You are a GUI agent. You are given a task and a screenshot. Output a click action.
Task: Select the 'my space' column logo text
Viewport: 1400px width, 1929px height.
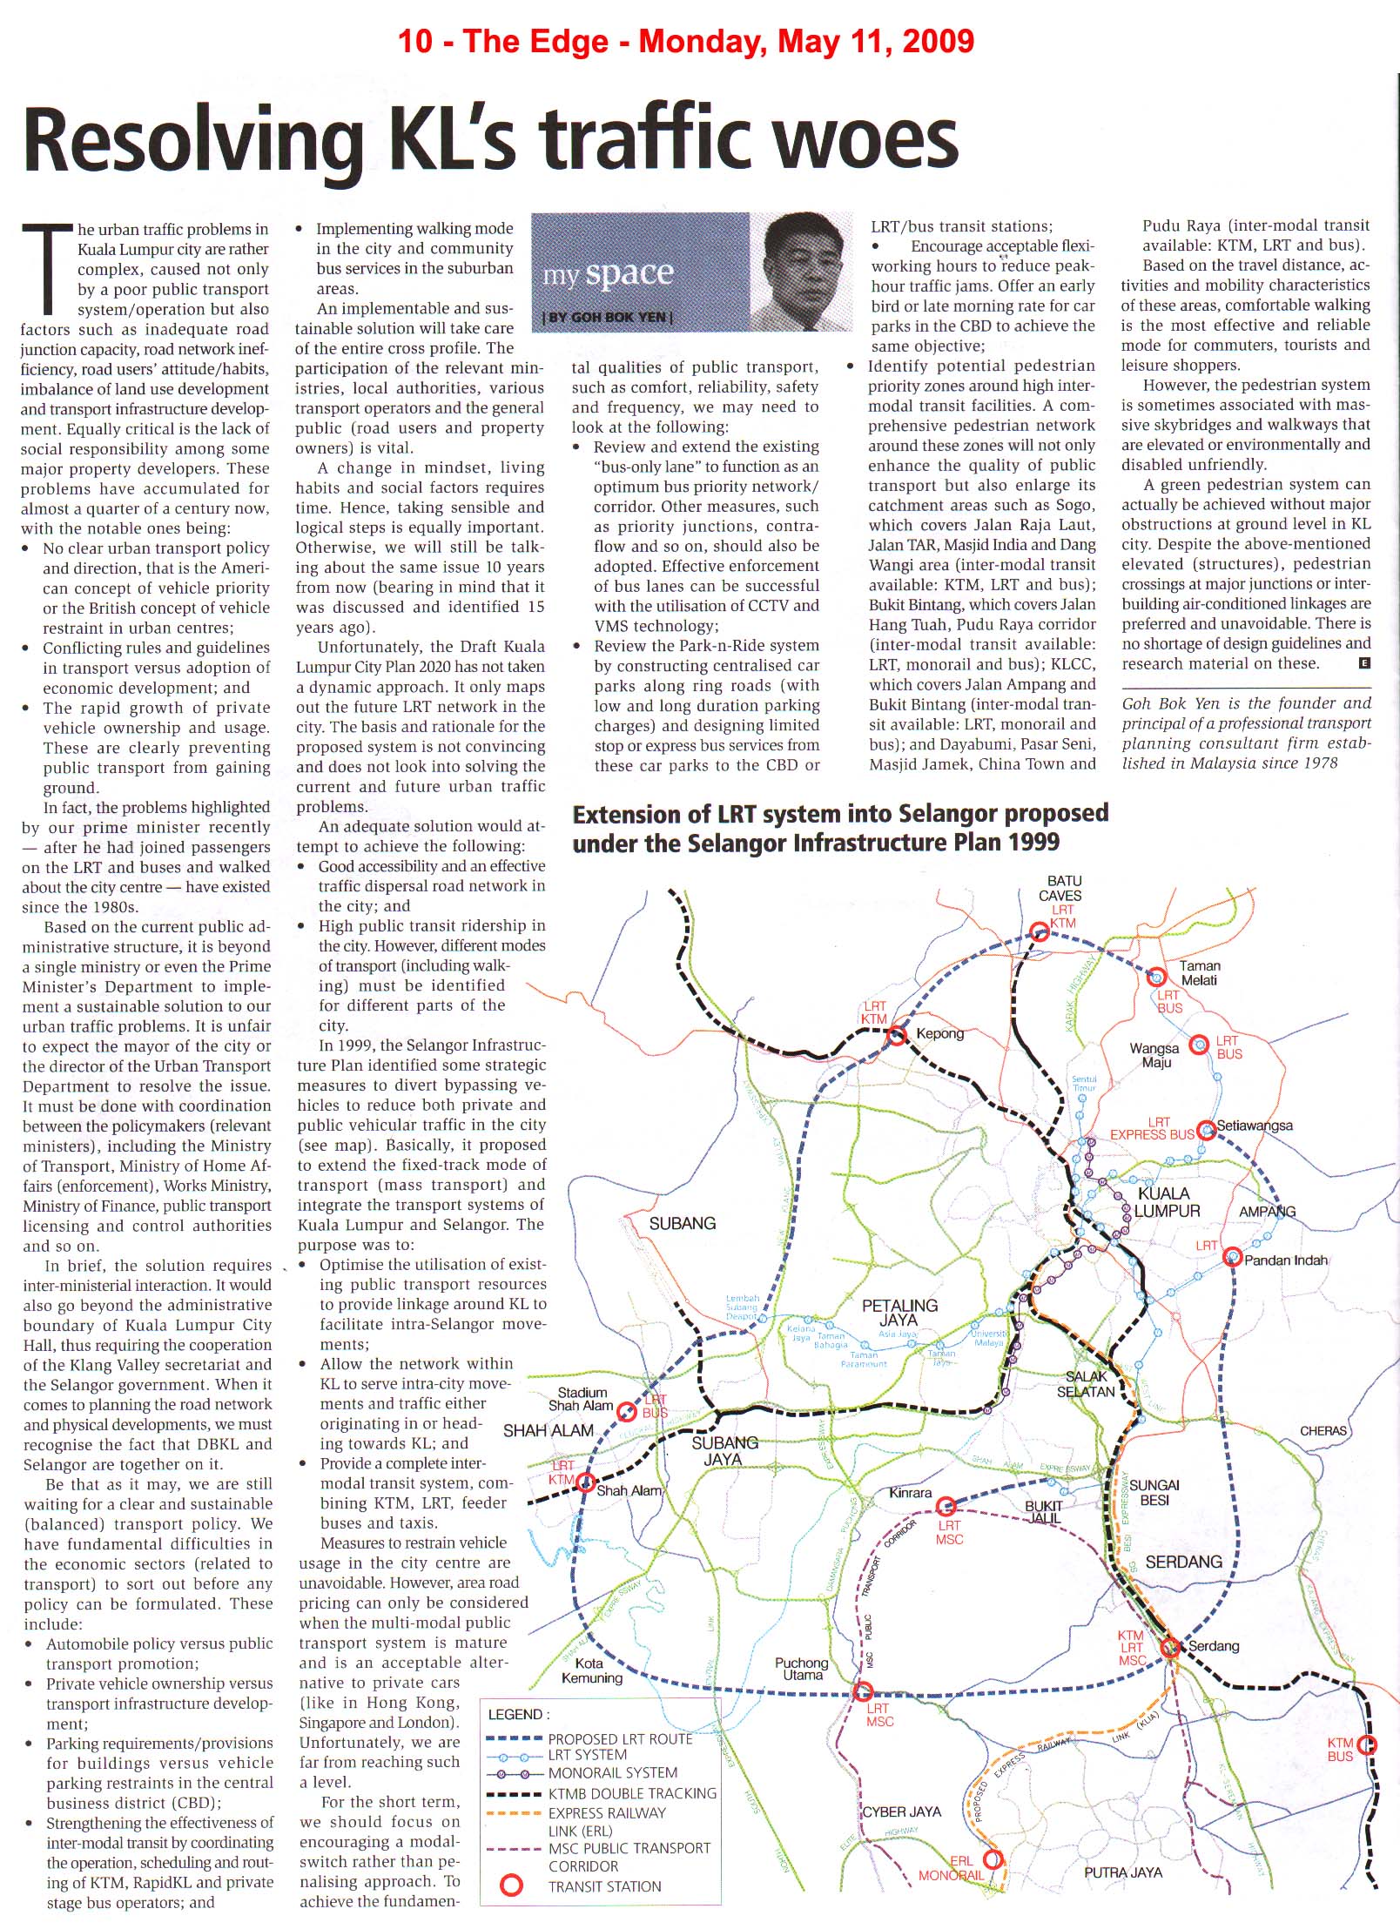[x=608, y=274]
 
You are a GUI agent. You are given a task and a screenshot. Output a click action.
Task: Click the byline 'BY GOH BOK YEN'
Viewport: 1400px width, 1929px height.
[x=608, y=318]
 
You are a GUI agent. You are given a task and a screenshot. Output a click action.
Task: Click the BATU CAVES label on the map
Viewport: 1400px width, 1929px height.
[x=1063, y=888]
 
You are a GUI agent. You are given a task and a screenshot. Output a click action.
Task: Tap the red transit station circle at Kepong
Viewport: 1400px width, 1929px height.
[x=897, y=1036]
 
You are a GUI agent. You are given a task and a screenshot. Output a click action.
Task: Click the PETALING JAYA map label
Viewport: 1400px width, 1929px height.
[x=899, y=1313]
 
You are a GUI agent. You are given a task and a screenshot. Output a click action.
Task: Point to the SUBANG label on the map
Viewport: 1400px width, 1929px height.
[x=682, y=1223]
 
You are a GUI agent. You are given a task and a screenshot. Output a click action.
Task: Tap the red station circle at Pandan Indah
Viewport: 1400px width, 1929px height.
[x=1232, y=1257]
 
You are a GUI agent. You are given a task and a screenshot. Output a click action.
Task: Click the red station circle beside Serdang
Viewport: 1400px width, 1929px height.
[x=1171, y=1647]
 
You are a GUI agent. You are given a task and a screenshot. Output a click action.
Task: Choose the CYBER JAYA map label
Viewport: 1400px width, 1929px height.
[x=902, y=1811]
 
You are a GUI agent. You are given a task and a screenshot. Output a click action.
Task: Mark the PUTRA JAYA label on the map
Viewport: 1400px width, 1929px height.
[x=1122, y=1872]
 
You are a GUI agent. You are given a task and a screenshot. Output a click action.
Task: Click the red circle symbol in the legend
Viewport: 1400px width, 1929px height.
[x=513, y=1885]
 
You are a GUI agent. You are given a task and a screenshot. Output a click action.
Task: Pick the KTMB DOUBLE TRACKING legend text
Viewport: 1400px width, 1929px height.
[x=632, y=1794]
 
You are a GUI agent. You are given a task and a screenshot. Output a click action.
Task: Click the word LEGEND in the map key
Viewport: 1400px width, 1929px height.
[x=516, y=1715]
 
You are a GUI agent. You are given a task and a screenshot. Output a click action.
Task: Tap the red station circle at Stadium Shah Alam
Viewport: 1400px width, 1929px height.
[x=626, y=1411]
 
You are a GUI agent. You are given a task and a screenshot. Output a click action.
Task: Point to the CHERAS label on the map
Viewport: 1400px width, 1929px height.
[x=1323, y=1431]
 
